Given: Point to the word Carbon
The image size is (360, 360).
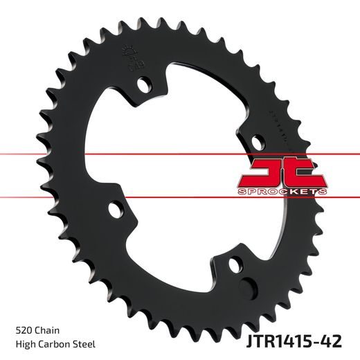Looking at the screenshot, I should pos(50,344).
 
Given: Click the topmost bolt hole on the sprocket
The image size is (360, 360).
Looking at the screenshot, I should pos(145,85).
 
